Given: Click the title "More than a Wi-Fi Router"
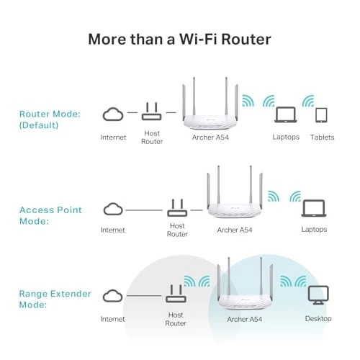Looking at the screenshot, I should click(179, 38).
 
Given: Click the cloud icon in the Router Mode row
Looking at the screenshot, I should click(113, 114).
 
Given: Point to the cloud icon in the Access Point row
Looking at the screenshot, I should click(113, 209).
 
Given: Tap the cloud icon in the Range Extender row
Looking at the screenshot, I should click(113, 296).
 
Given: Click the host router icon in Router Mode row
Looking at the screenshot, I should click(151, 112).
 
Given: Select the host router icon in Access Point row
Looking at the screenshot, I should click(177, 209).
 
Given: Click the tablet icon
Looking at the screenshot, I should click(321, 115).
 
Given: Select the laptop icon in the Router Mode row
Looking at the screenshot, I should click(286, 114).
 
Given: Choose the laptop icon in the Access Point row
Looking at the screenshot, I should click(313, 209).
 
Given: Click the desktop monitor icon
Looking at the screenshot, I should click(317, 295).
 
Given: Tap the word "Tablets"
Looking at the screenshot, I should click(321, 137).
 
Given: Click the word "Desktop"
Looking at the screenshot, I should click(317, 318).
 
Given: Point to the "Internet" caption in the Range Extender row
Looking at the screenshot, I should click(113, 318).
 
